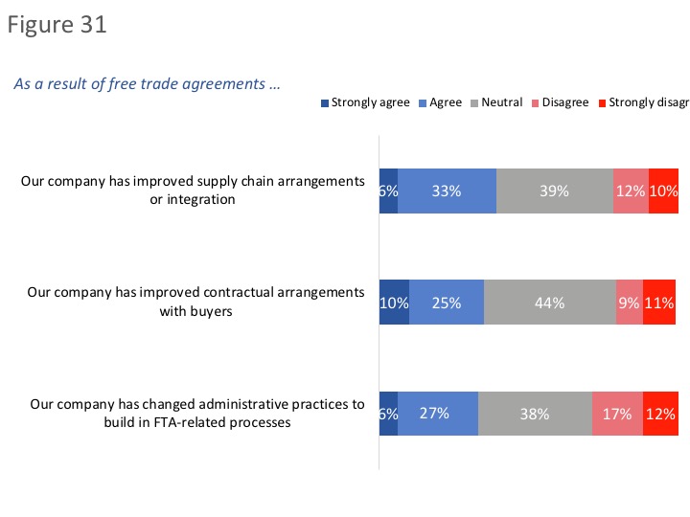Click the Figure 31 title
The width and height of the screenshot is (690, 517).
tap(57, 25)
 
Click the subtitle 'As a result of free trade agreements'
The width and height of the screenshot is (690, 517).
tap(147, 83)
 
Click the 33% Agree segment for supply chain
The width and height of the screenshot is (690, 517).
tap(447, 191)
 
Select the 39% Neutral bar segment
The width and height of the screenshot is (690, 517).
tap(554, 191)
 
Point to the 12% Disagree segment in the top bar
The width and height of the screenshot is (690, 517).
tap(631, 191)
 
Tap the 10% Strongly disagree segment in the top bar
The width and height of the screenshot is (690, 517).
tap(663, 191)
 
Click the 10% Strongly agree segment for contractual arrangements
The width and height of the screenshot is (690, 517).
tap(394, 303)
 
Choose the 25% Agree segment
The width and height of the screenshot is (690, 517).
tap(447, 303)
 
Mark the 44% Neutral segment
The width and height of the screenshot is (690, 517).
tap(549, 303)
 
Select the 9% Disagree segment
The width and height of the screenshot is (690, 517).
tap(629, 303)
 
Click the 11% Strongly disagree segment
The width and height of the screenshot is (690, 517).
tap(659, 303)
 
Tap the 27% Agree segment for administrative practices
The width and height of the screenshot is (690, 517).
tap(438, 415)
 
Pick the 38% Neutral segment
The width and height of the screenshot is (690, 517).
tap(535, 415)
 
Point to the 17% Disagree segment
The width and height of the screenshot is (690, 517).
tap(617, 415)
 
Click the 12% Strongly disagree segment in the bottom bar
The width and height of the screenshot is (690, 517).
tap(660, 415)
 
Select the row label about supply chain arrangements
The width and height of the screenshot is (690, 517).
tap(194, 190)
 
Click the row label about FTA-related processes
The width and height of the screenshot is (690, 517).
tap(197, 414)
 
